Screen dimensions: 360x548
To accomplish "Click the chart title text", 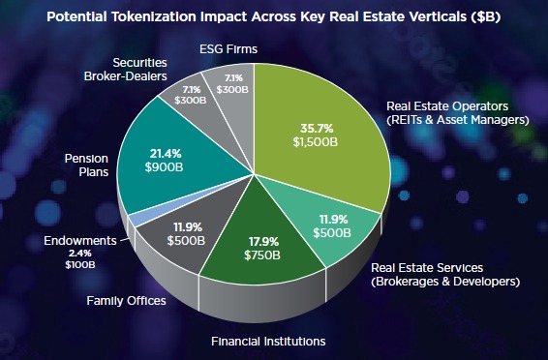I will (x=274, y=15).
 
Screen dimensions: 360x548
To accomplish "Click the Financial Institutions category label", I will (x=268, y=341).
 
